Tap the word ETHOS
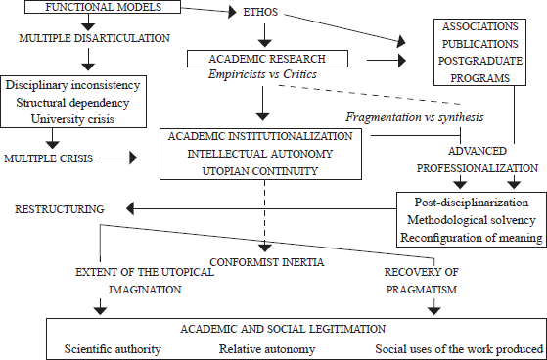(x=260, y=12)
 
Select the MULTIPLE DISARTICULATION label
(x=95, y=38)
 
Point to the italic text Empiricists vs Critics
(x=262, y=74)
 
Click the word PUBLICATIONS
(x=480, y=44)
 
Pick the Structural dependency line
(x=72, y=102)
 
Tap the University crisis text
(x=72, y=119)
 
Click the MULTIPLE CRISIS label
(x=49, y=158)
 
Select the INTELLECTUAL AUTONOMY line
(x=260, y=154)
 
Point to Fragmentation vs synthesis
(x=415, y=117)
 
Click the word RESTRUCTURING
(x=60, y=209)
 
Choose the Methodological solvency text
(x=472, y=220)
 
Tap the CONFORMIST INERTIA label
(x=267, y=262)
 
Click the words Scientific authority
(x=113, y=349)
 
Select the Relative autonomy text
(x=267, y=349)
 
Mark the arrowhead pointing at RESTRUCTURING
(x=130, y=209)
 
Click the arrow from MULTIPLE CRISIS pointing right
(x=117, y=158)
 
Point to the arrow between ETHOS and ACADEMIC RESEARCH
(x=265, y=35)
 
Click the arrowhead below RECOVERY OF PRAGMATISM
(x=433, y=310)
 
